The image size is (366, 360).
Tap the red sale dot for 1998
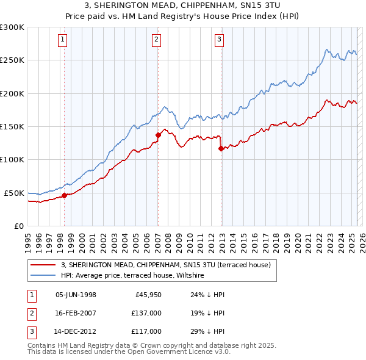point(64,196)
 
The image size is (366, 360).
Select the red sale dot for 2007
point(158,135)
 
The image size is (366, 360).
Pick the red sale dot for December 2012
point(221,148)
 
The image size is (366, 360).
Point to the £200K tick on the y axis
point(12,94)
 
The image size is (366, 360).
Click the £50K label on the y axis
point(14,193)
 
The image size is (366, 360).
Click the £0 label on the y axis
point(18,226)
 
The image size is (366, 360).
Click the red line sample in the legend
point(43,265)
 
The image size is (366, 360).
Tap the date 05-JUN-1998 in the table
point(76,295)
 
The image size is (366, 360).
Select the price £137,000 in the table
point(146,313)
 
